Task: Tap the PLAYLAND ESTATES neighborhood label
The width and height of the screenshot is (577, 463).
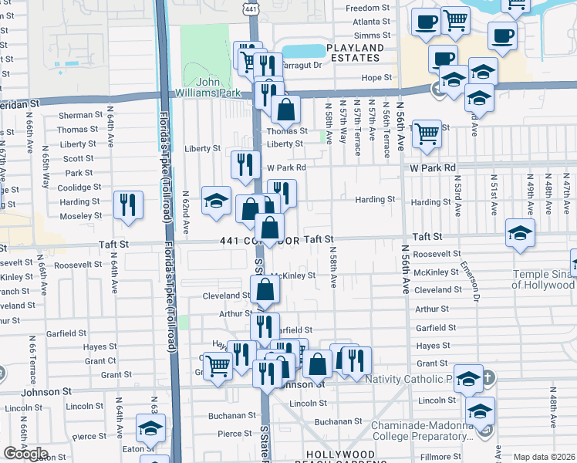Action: click(355, 52)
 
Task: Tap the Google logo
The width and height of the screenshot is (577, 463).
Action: click(26, 453)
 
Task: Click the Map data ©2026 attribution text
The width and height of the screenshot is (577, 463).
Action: click(544, 457)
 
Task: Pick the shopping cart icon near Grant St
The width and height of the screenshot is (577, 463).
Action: click(218, 366)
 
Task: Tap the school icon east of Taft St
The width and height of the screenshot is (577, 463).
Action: click(521, 232)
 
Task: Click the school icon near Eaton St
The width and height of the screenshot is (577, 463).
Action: click(150, 428)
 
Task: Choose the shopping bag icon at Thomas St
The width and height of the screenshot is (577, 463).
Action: click(285, 110)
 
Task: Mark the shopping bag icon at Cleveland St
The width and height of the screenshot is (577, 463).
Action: click(265, 290)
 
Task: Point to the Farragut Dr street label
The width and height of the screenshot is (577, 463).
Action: click(302, 66)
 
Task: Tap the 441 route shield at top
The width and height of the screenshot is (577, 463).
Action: click(251, 7)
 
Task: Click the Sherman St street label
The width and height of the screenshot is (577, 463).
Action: click(80, 115)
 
